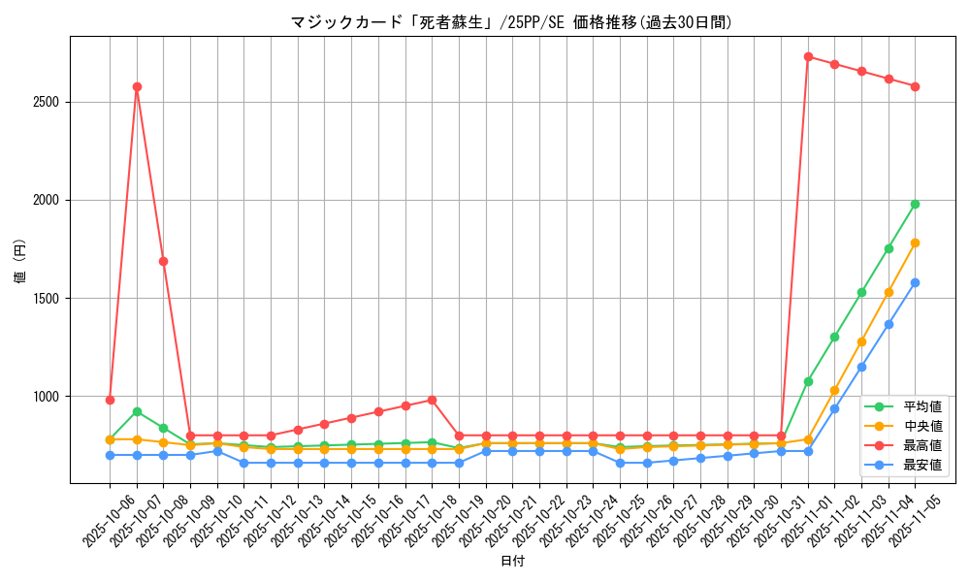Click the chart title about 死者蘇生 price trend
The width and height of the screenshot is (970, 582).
click(511, 21)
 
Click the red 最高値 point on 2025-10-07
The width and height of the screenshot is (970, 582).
click(137, 86)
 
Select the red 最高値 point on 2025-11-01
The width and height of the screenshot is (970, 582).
click(808, 56)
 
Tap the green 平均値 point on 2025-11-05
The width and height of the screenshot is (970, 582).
click(915, 204)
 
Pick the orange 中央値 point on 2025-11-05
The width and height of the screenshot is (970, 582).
click(915, 242)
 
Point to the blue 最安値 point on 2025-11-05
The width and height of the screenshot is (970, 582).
click(915, 282)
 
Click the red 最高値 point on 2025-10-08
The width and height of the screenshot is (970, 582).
click(163, 261)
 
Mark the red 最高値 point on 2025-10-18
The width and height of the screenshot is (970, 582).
click(432, 400)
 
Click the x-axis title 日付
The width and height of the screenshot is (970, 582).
click(512, 561)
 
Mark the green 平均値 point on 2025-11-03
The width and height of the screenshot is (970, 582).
click(861, 292)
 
